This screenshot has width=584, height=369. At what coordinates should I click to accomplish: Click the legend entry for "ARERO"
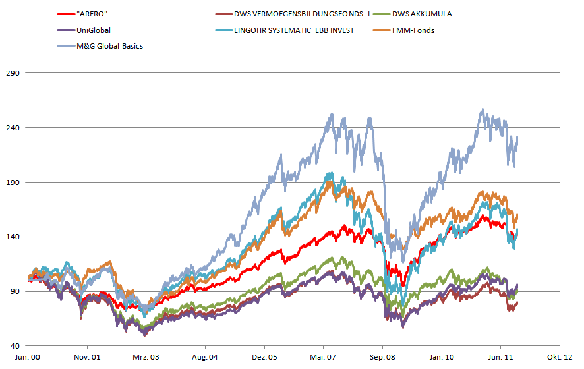click(93, 14)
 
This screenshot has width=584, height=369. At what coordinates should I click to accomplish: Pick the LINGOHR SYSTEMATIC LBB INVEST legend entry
click(294, 30)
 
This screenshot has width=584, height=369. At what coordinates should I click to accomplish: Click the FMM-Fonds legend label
click(413, 30)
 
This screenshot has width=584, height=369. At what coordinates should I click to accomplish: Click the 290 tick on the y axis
click(14, 73)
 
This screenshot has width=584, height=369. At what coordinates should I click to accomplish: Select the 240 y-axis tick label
click(14, 128)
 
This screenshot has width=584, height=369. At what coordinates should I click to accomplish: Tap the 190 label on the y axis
click(14, 183)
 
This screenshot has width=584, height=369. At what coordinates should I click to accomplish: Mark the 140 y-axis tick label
click(14, 237)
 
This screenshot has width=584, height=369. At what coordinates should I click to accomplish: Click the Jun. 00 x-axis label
click(28, 356)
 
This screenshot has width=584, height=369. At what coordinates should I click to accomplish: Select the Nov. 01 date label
click(87, 356)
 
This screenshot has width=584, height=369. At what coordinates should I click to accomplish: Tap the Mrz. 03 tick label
click(146, 356)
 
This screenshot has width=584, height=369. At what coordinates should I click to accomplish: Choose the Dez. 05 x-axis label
click(264, 356)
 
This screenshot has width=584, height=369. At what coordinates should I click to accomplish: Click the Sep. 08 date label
click(382, 356)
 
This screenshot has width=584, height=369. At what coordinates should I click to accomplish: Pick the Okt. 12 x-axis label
click(560, 356)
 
